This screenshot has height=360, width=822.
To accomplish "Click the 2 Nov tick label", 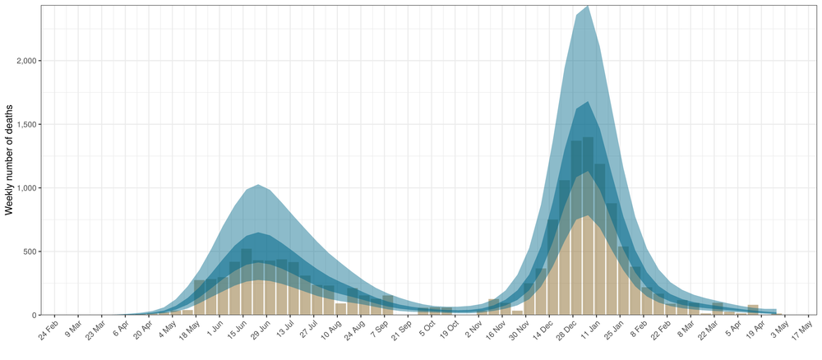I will point(472,330).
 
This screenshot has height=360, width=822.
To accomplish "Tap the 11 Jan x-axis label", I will point(589,331).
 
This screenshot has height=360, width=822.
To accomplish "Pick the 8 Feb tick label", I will point(636,330).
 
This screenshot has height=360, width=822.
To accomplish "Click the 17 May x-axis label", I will point(801,331).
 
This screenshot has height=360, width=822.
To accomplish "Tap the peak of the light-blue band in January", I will point(587,7).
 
